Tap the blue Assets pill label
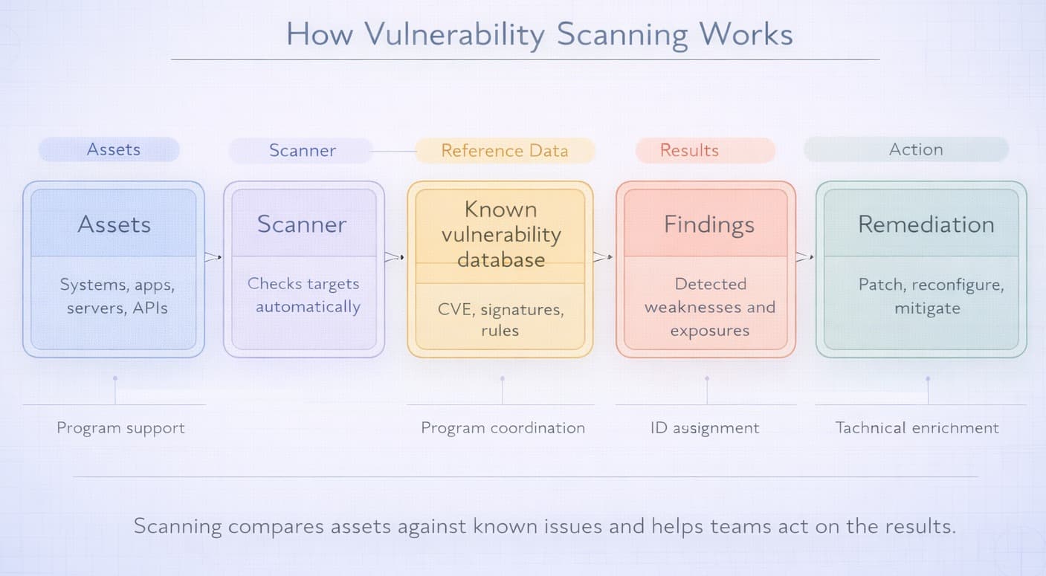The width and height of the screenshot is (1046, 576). point(113,149)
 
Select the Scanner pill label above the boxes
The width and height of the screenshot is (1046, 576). point(302,150)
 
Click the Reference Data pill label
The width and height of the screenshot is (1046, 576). point(504,150)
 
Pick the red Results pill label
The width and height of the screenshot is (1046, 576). point(689,150)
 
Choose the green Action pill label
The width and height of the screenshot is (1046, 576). point(915,149)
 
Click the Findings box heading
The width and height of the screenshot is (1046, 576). point(708,224)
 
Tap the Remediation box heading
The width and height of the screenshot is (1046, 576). point(926,224)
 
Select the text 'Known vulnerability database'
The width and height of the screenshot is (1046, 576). point(500,234)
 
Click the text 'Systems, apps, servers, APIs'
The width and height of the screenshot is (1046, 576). point(117,296)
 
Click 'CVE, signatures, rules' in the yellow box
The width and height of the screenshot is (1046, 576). point(500,320)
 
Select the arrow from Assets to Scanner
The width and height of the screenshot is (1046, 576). point(213,257)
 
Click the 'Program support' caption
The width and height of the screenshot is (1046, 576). point(120,428)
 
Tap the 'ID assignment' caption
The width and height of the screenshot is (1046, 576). point(705,428)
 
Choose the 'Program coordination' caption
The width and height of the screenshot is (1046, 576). point(503,428)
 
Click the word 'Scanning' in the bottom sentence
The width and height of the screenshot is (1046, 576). point(178,526)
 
